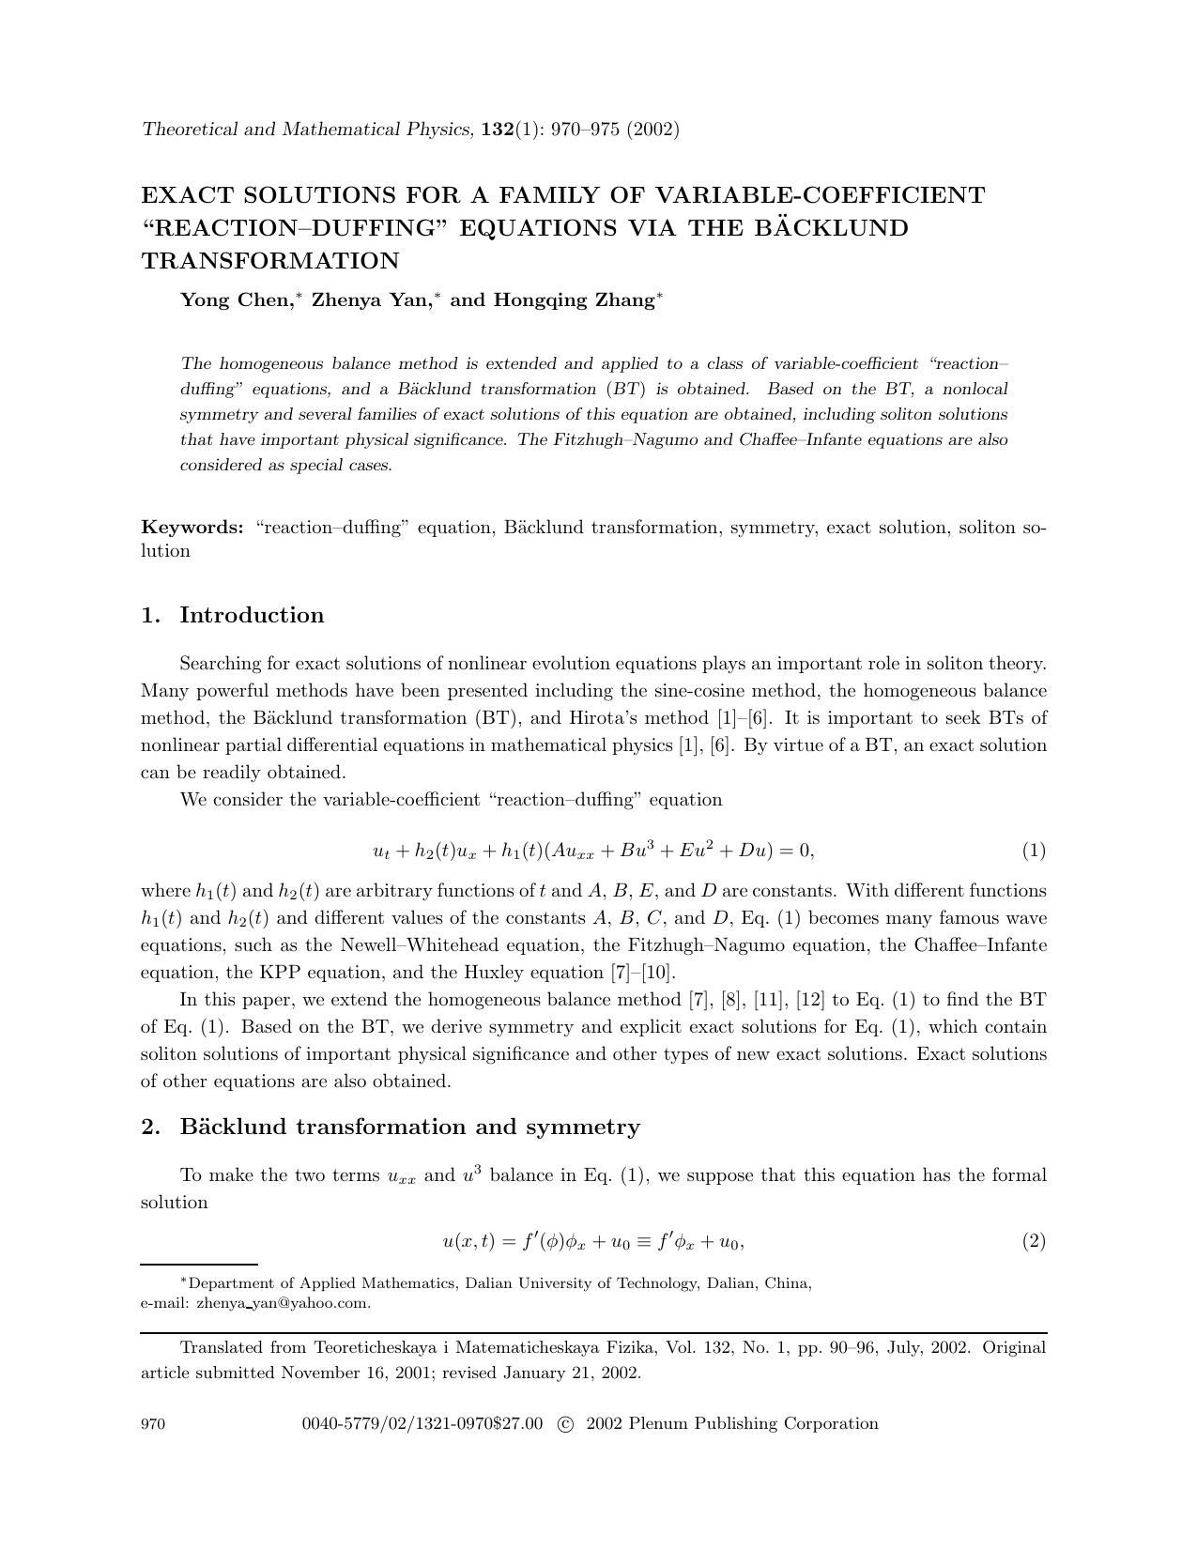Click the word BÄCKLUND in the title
[x=834, y=228]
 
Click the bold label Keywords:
[x=192, y=528]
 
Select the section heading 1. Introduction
[x=232, y=615]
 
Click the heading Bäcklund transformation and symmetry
[x=409, y=1127]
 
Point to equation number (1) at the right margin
[x=1034, y=851]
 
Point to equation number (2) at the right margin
[x=1034, y=1241]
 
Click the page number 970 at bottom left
[x=153, y=1424]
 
